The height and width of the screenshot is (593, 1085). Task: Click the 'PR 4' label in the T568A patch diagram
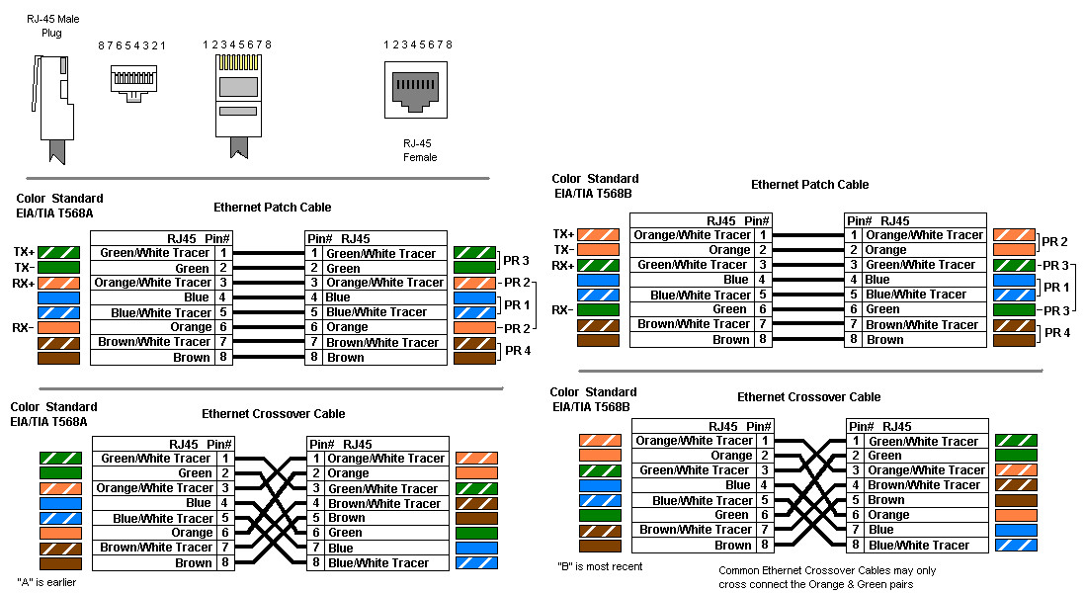click(x=519, y=350)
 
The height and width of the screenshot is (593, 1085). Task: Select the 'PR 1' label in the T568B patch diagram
click(x=1056, y=287)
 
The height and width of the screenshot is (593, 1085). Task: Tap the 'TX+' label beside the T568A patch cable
click(x=25, y=253)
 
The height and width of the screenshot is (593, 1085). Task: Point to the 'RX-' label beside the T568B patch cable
click(x=563, y=309)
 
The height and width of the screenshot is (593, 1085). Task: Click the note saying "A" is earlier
click(x=46, y=582)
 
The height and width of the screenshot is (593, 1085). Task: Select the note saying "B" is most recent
click(x=600, y=566)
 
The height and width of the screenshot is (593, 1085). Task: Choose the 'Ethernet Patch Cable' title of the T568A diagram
click(x=273, y=208)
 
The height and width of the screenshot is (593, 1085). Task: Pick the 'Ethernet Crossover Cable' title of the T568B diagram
click(x=808, y=397)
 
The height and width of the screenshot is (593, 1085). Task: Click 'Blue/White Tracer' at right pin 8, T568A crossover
click(x=377, y=563)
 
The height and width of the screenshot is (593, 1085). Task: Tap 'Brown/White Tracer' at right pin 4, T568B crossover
click(x=925, y=485)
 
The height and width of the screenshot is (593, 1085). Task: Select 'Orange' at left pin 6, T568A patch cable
click(x=191, y=327)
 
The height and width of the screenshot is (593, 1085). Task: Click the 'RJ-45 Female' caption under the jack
click(x=420, y=149)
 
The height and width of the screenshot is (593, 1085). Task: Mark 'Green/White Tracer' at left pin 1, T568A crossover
click(x=156, y=459)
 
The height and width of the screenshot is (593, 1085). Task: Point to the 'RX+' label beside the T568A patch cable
click(x=25, y=283)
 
